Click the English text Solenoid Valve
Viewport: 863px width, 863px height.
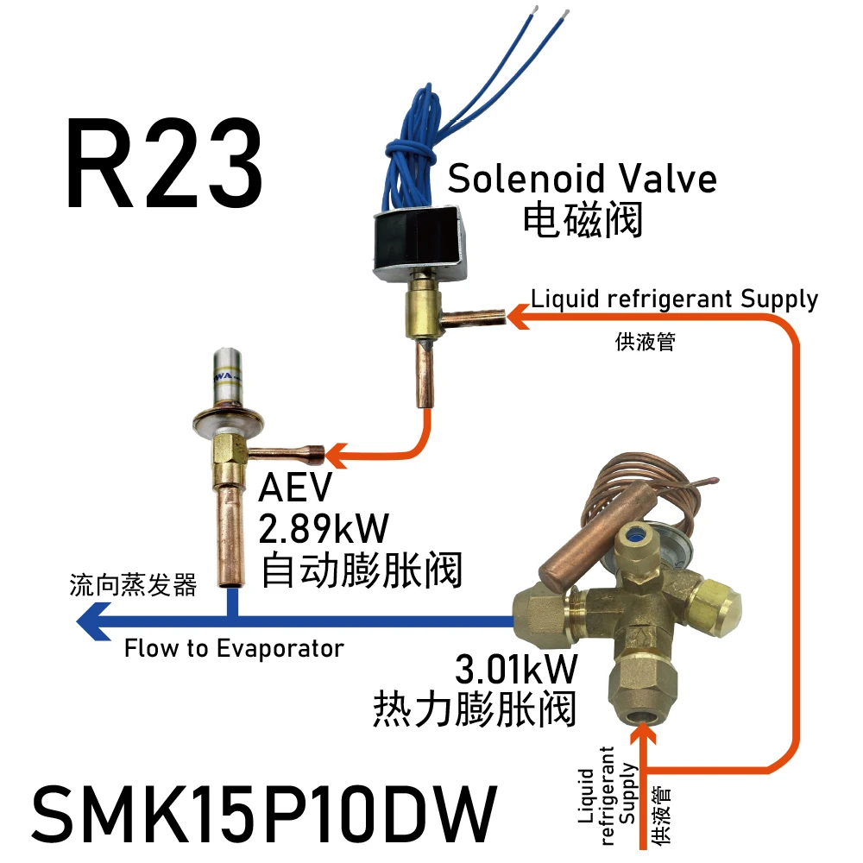pos(582,179)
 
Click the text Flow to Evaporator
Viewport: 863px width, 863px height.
pos(233,648)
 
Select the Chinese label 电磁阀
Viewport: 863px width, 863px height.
pos(583,220)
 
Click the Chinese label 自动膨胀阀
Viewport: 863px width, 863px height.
pos(361,570)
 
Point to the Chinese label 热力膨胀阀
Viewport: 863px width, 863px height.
pos(474,710)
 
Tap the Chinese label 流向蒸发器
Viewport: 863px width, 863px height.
pos(133,586)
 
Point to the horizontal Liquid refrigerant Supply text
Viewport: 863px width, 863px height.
pos(674,299)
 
